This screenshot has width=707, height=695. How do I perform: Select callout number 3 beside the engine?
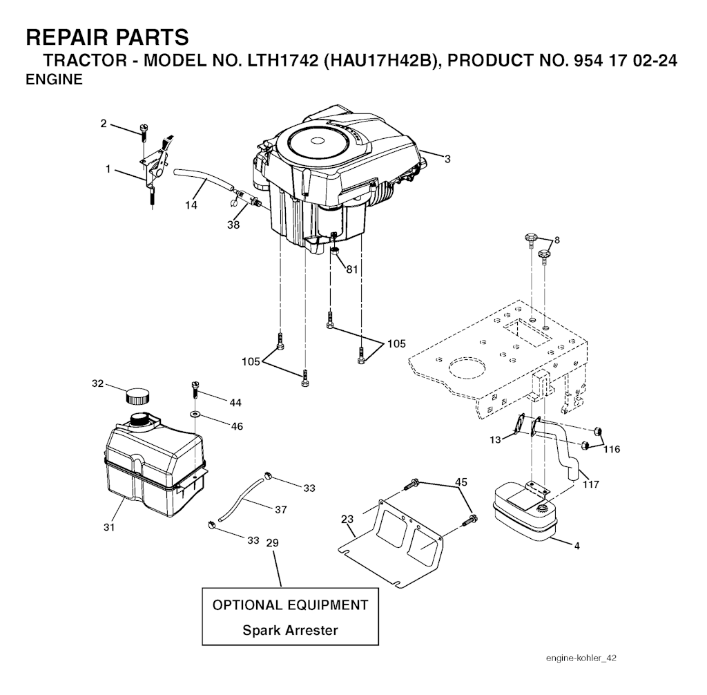447,160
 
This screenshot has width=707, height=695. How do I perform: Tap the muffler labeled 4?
523,515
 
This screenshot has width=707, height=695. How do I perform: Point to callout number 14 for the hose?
191,204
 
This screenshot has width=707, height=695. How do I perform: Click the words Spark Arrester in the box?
290,630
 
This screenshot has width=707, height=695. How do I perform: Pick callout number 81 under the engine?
352,269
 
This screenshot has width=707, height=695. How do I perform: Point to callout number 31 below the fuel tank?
109,527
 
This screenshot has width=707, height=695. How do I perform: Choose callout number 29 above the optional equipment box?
272,543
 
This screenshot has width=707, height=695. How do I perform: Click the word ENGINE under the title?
54,80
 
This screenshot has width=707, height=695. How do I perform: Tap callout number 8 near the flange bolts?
556,240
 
